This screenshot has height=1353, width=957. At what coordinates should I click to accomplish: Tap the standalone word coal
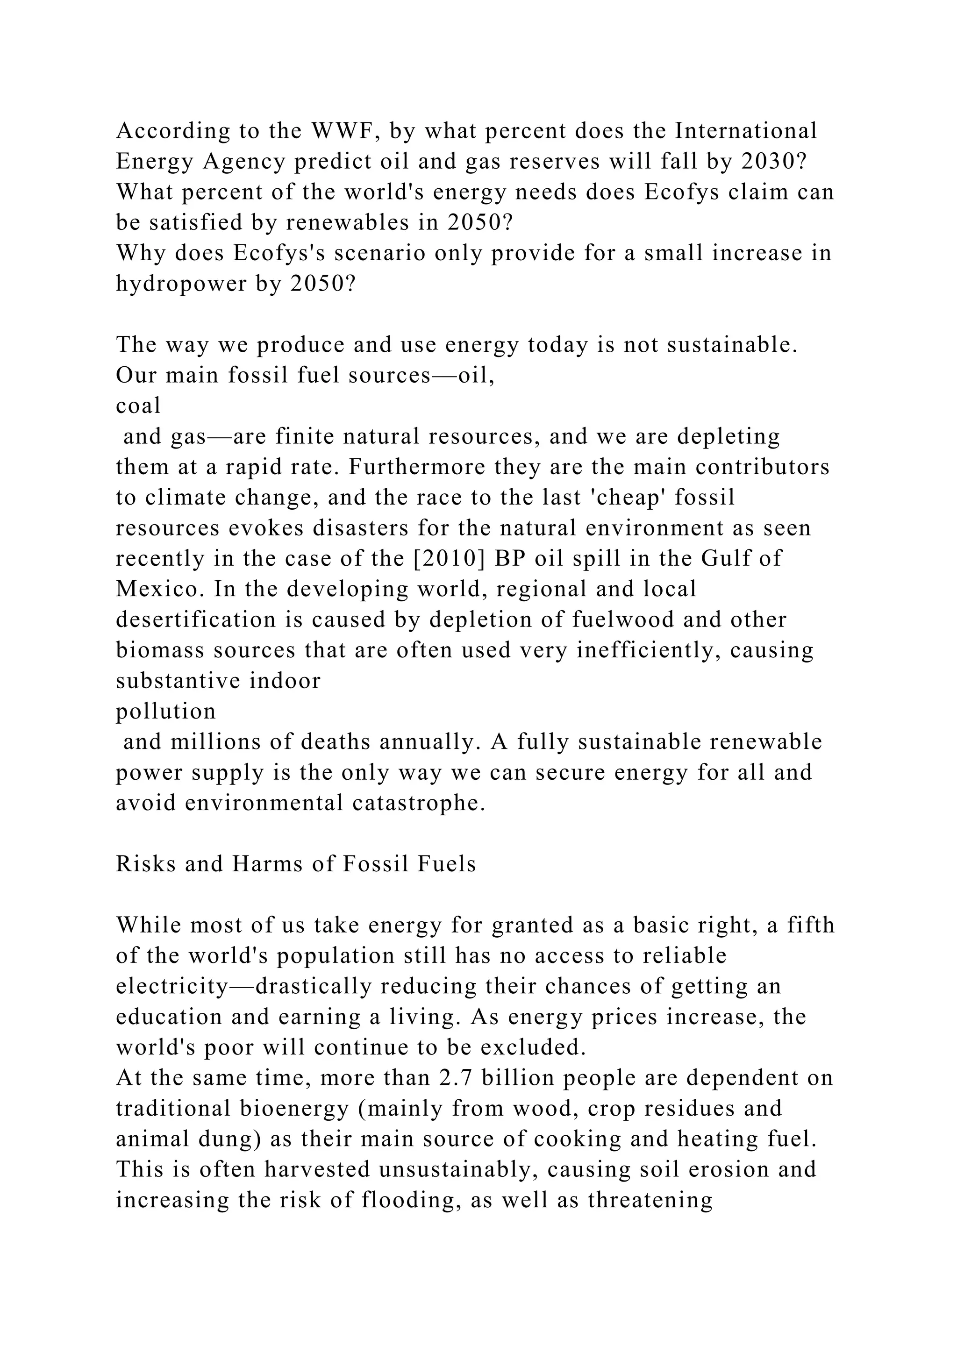[138, 406]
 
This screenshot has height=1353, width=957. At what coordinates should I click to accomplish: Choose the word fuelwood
[632, 620]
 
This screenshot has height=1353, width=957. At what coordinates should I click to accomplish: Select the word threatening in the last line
[650, 1200]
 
